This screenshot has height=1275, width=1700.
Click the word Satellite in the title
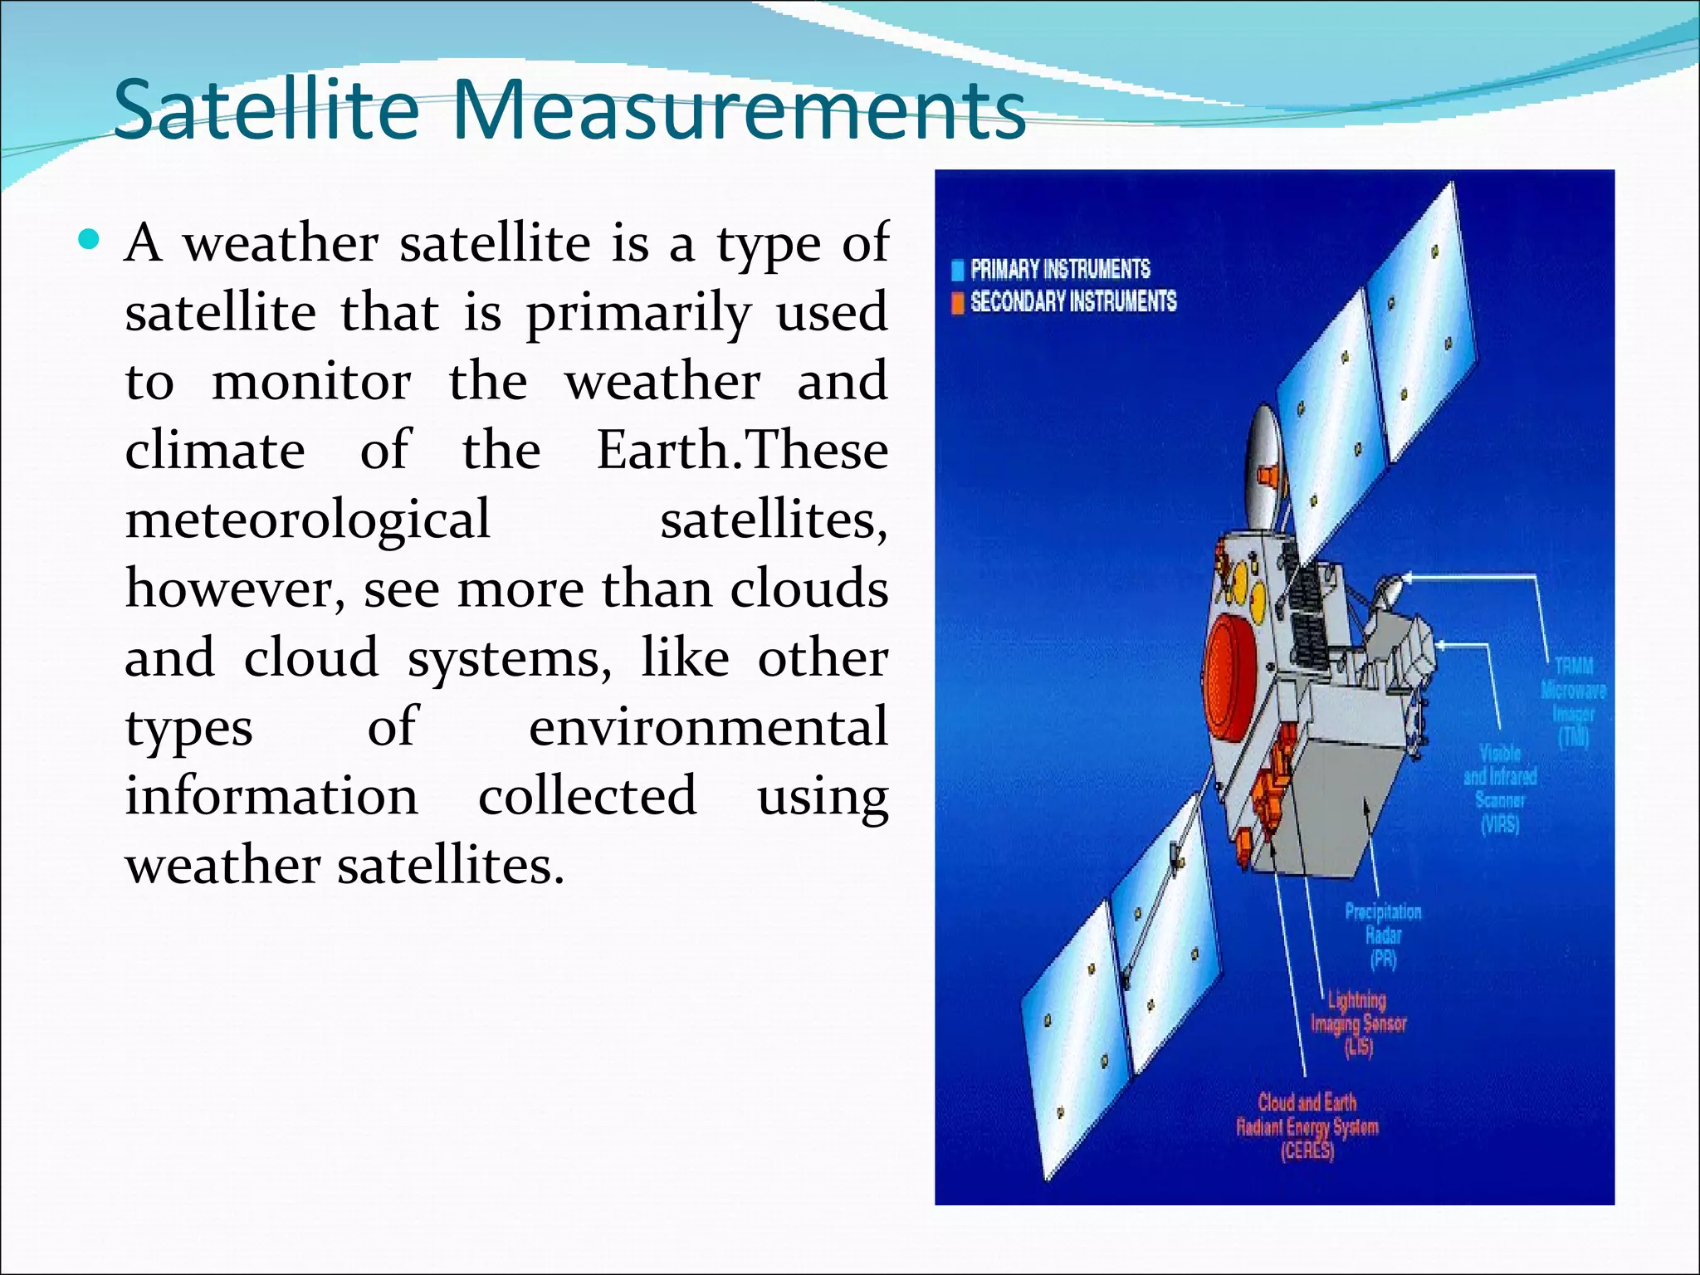(x=266, y=110)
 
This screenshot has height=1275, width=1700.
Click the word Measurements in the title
(x=739, y=110)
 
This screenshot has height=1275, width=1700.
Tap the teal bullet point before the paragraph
(x=88, y=242)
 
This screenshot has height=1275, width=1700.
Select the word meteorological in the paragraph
(x=307, y=520)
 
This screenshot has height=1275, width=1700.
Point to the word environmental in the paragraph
(x=708, y=727)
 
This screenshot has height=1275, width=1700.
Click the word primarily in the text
(x=638, y=314)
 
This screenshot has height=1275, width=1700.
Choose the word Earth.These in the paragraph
(x=742, y=451)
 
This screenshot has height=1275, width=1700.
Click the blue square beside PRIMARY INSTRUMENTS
(x=957, y=270)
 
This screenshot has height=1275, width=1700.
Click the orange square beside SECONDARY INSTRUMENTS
(x=957, y=302)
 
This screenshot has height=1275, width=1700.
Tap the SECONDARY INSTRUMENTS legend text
(x=1072, y=301)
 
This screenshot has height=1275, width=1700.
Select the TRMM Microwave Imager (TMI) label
(x=1573, y=701)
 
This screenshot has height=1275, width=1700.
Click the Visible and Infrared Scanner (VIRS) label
(x=1500, y=789)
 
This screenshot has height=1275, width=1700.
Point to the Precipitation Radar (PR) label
(x=1383, y=935)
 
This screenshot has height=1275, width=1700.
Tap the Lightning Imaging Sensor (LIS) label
(x=1359, y=1023)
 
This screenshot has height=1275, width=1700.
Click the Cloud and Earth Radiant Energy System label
(x=1307, y=1126)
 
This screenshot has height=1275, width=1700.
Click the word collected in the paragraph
(x=587, y=796)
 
